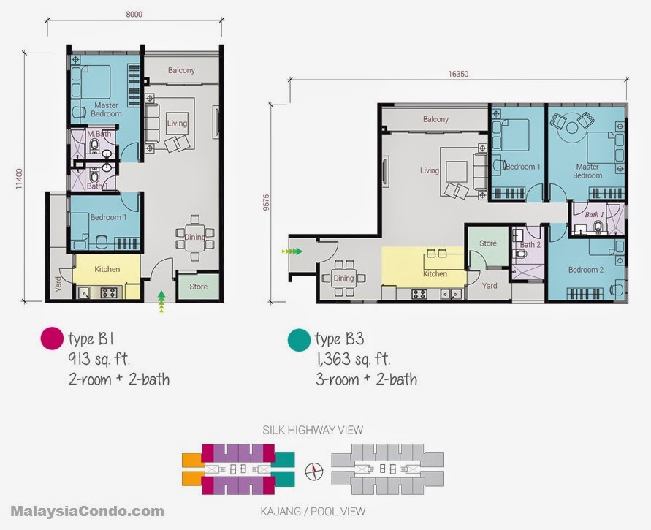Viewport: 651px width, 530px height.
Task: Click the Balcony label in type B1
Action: [181, 70]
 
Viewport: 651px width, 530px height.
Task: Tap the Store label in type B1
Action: [198, 286]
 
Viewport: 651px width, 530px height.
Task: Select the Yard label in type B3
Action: [490, 286]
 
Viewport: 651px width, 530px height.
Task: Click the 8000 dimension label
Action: [134, 15]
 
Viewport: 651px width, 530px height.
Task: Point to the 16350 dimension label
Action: [458, 75]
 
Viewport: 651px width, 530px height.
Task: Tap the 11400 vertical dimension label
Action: [19, 178]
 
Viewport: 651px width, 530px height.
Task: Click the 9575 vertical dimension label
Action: [266, 202]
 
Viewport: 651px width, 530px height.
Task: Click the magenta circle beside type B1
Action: [52, 338]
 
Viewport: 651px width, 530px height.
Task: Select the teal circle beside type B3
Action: [299, 339]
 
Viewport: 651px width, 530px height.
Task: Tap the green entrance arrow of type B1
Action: [161, 301]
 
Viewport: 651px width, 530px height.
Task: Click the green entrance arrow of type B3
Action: [292, 251]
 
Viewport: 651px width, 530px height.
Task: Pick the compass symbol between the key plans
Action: [314, 472]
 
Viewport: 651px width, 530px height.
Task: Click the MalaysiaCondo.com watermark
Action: [87, 511]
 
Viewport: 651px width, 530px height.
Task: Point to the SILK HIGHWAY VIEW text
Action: [313, 430]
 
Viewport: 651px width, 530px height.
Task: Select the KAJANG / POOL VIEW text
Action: [313, 511]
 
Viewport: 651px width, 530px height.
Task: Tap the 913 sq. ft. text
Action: [99, 358]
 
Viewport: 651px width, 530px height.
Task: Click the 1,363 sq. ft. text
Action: [353, 359]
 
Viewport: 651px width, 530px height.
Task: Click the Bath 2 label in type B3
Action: [530, 245]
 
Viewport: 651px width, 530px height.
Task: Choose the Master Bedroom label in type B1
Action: [106, 110]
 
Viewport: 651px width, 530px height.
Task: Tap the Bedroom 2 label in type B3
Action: [586, 270]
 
